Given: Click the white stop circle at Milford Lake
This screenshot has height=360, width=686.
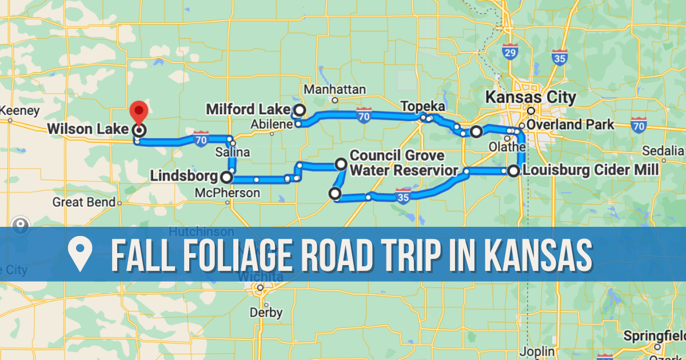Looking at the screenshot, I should pos(299,110).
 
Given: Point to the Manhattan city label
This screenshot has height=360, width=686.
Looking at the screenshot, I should pos(335,90).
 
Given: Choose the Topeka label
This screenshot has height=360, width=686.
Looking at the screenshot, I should pos(422,107).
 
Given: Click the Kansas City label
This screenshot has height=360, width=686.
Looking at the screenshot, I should pos(530,97).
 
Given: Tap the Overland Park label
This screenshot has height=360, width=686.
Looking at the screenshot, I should pos(572,125).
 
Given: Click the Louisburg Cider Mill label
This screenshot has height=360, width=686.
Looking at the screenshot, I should pos(591,170).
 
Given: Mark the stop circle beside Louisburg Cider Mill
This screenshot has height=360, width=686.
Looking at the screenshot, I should pos(513,170).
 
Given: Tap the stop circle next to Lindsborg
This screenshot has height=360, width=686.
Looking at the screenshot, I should pos(226,177).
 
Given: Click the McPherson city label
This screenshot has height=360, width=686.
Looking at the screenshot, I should pos(227,193).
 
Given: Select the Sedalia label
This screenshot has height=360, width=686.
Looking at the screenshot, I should pos(663,151).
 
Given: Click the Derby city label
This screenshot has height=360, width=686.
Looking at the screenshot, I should pos(266,313).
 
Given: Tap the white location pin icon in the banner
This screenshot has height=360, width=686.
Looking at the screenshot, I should pos(80,254).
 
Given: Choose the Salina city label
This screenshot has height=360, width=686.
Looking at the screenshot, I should pos(232,153).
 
